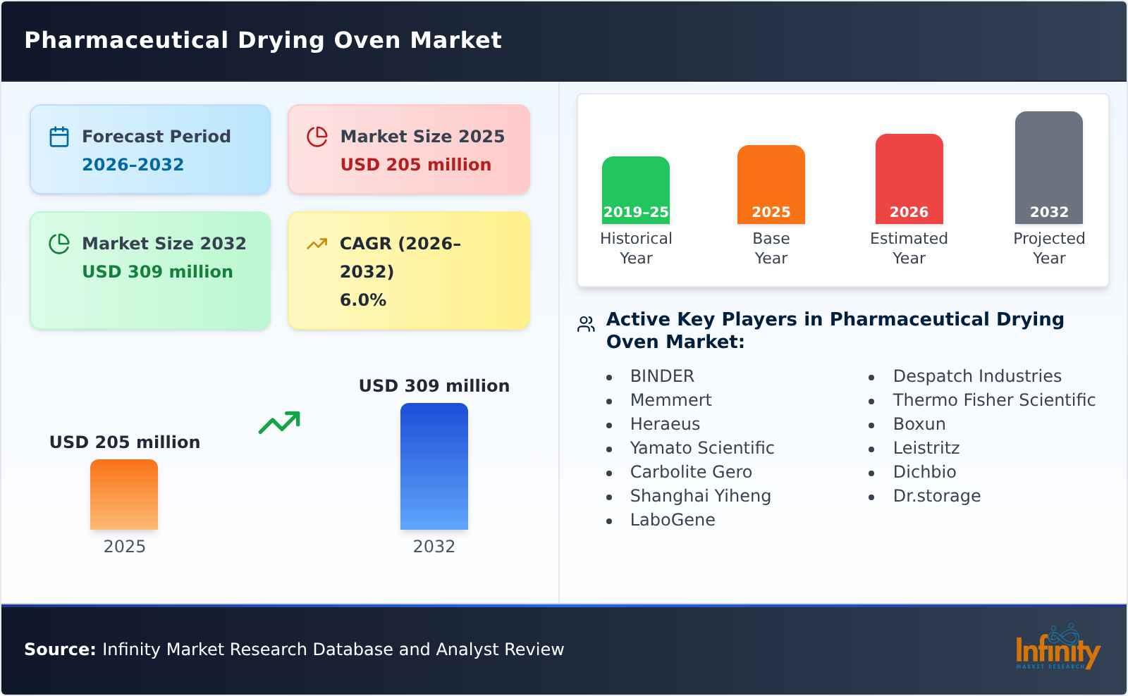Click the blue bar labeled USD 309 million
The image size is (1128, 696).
click(434, 466)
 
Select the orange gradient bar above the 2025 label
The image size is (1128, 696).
click(124, 494)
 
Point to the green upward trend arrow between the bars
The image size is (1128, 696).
click(279, 423)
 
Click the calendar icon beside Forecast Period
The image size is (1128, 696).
click(59, 137)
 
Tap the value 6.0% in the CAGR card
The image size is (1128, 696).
click(362, 299)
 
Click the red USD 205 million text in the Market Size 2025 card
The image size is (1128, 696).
click(415, 164)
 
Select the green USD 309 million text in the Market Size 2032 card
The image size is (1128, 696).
click(157, 271)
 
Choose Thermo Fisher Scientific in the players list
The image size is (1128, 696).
click(993, 400)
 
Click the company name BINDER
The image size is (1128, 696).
click(661, 376)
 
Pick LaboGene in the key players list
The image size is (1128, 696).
click(672, 520)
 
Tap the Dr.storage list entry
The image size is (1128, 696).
click(936, 496)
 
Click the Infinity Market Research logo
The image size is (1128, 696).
click(1057, 648)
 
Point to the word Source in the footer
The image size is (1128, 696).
click(59, 650)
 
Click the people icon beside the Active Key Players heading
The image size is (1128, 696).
click(586, 324)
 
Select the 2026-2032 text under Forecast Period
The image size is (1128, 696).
click(133, 164)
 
